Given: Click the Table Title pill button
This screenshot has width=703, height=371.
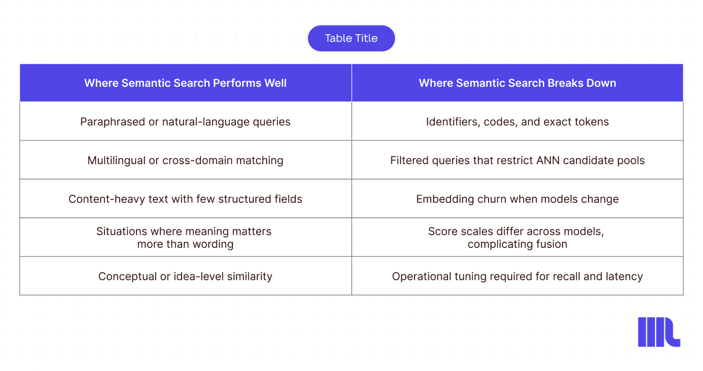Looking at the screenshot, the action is pos(351,38).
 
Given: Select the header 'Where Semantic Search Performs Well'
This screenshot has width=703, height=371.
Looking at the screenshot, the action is pos(185,83).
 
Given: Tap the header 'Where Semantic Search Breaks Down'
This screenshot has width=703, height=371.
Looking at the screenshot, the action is pos(517,83).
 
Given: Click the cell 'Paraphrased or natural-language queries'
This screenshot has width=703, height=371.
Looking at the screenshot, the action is pos(185,122).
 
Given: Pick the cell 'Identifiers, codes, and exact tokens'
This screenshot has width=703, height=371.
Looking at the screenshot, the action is pos(517,122).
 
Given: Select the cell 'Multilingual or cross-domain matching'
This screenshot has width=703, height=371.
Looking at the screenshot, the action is pos(185,160).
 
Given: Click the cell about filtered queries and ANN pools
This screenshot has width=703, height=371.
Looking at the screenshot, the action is pos(517,160).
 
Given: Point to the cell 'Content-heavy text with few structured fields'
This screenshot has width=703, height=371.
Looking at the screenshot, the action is pos(185,199).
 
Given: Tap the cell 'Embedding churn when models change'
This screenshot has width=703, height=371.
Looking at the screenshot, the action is pos(517,199).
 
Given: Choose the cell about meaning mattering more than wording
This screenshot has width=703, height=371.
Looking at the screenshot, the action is pos(184,238).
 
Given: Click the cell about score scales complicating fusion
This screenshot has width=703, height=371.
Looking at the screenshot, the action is pos(516,238).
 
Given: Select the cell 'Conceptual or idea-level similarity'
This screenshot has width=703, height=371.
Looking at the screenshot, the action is pos(185,276).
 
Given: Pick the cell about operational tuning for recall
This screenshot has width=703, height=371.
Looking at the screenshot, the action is pos(517,276).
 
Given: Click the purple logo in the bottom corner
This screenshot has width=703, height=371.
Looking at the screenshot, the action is pos(659,332).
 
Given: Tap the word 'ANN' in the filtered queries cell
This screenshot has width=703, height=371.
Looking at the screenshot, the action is pos(548,160).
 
